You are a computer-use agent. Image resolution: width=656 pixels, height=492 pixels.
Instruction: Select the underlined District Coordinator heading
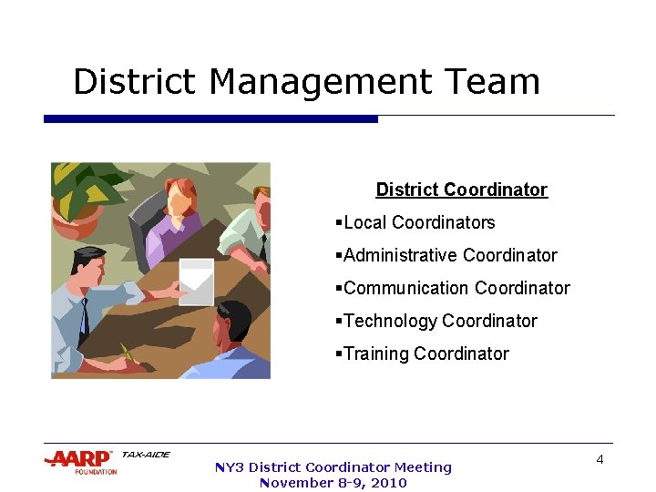click(x=461, y=190)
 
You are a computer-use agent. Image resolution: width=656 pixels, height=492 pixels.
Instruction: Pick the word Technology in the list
click(x=390, y=321)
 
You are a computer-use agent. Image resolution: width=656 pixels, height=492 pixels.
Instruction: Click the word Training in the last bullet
click(x=376, y=354)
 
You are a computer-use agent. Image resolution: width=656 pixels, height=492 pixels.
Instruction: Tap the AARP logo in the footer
click(x=81, y=459)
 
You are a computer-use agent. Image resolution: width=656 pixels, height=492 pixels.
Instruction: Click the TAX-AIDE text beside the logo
click(x=145, y=454)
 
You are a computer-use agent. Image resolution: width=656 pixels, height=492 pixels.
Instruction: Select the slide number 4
click(x=600, y=459)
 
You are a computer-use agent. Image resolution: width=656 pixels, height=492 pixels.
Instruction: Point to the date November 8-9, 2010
click(x=333, y=483)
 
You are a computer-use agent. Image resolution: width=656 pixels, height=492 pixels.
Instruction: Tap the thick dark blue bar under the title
click(x=210, y=118)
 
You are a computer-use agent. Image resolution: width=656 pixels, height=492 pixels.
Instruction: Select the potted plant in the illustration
click(x=80, y=195)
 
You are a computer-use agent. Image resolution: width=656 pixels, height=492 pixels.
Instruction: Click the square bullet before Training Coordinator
click(x=338, y=354)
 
